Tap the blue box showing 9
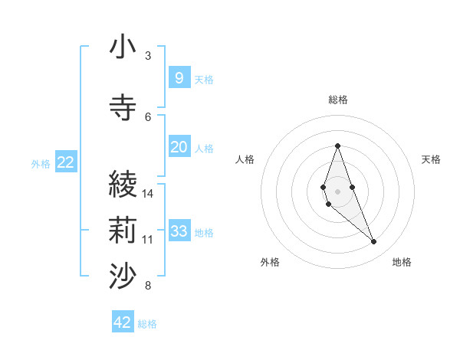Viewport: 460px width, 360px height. point(179,77)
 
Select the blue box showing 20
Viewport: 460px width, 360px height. point(179,147)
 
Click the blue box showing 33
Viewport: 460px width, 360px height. point(179,232)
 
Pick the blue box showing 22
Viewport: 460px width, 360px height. point(66,162)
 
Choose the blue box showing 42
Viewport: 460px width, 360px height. point(123,322)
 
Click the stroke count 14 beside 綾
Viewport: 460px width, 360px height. point(148,193)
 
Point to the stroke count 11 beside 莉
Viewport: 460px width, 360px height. point(148,240)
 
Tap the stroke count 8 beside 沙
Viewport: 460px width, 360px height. point(148,286)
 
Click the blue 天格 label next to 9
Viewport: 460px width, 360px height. point(204,79)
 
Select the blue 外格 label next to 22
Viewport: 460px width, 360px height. point(41,163)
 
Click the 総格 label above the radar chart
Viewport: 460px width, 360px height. point(338,100)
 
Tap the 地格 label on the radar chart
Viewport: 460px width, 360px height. point(402,262)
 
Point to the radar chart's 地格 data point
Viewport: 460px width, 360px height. point(374,242)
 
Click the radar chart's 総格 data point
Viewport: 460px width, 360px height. point(338,146)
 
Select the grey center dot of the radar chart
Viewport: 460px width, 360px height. point(338,191)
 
